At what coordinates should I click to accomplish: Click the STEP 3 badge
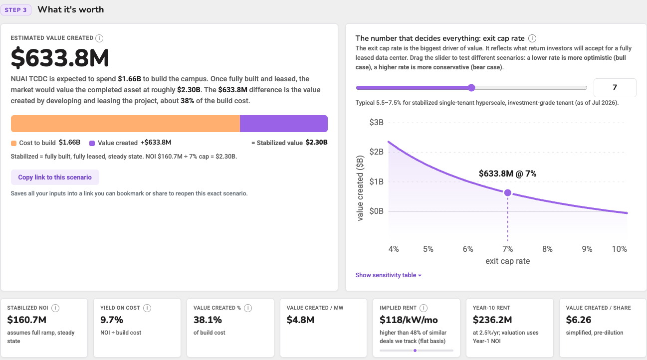click(x=16, y=10)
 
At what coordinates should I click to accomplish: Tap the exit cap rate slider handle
click(x=471, y=88)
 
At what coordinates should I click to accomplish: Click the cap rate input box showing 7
click(x=615, y=87)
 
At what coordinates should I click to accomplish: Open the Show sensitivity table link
click(x=388, y=275)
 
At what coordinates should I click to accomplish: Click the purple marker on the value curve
click(x=507, y=192)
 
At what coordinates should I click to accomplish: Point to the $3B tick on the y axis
click(x=376, y=122)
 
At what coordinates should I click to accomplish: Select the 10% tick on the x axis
click(x=619, y=249)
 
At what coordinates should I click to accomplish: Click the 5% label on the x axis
click(x=428, y=249)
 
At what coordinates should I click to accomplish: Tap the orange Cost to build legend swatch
click(x=13, y=143)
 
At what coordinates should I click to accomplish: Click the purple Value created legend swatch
click(x=92, y=143)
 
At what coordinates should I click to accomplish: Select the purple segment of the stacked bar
click(x=284, y=124)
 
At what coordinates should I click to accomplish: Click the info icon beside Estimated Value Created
click(x=99, y=38)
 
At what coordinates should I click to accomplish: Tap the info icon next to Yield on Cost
click(x=147, y=308)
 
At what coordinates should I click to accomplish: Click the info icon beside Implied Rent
click(x=424, y=308)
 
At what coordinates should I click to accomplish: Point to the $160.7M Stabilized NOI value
click(x=26, y=320)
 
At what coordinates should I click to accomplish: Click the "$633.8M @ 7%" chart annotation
click(x=507, y=174)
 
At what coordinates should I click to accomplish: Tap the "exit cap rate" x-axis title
click(x=507, y=261)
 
